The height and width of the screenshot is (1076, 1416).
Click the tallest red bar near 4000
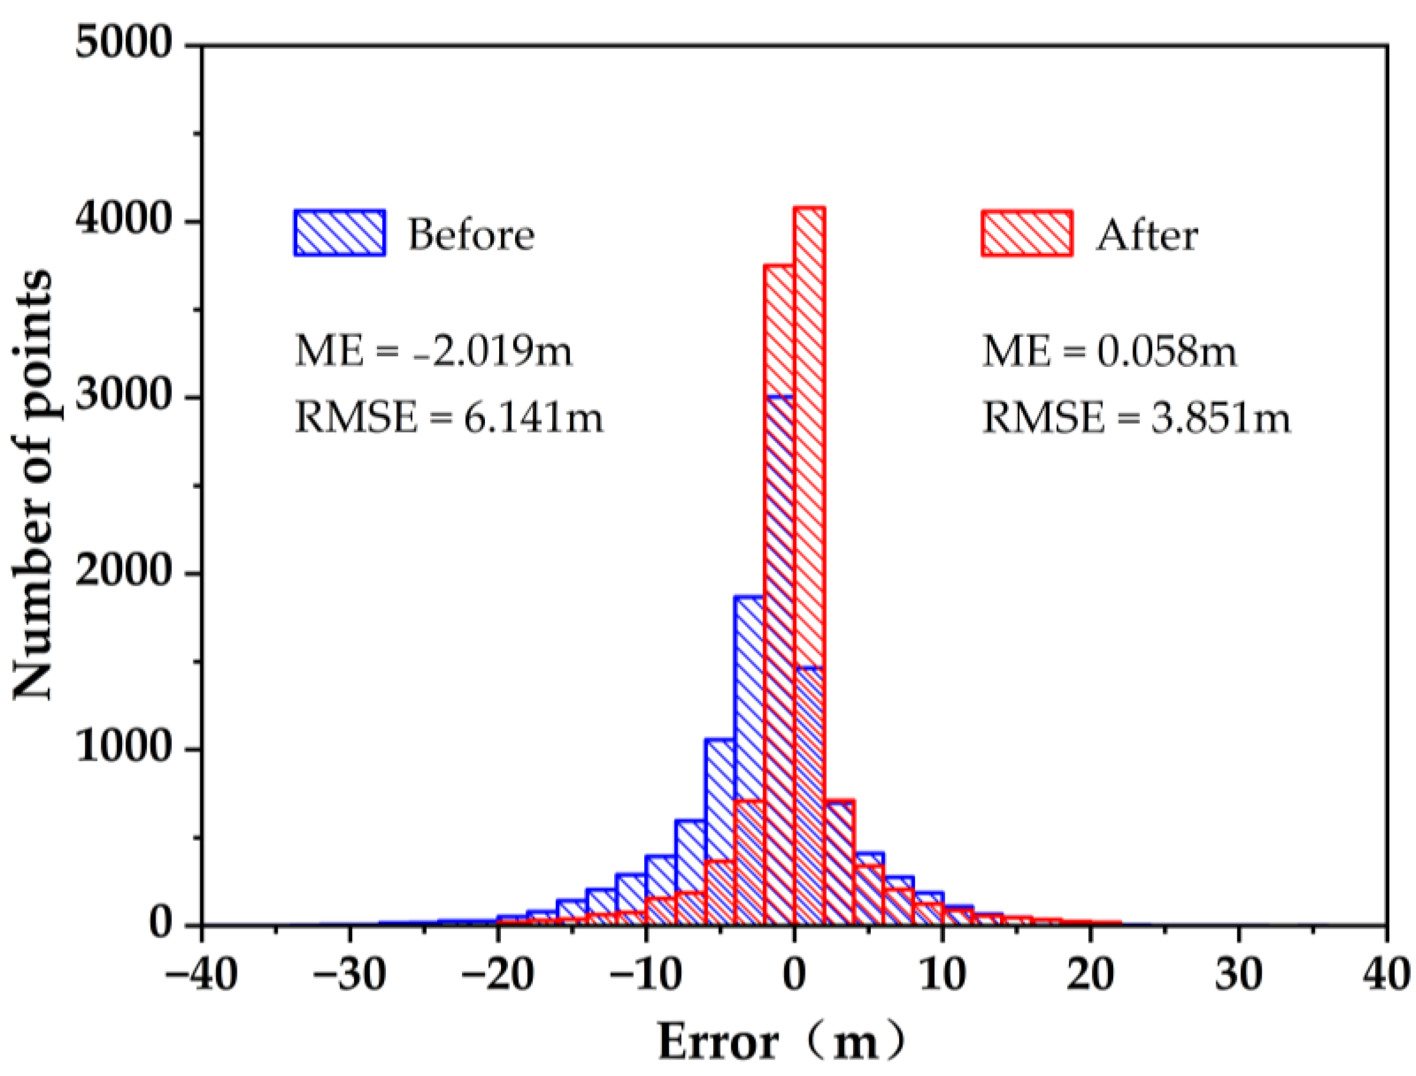809,448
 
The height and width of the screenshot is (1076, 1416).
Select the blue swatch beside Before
339,233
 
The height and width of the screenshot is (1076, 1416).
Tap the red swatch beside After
1027,233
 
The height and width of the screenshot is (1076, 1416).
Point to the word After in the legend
1146,236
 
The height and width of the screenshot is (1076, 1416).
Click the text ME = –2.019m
433,352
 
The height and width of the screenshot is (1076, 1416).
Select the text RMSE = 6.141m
448,418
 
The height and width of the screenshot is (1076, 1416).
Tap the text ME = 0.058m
1109,352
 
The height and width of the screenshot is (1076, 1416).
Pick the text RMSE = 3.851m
1136,418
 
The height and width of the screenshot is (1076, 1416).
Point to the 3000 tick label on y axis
124,397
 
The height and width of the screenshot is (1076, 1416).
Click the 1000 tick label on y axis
124,749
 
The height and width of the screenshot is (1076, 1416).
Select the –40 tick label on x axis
201,975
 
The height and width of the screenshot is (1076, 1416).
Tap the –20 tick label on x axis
497,975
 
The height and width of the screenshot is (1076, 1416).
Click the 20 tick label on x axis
1091,975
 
